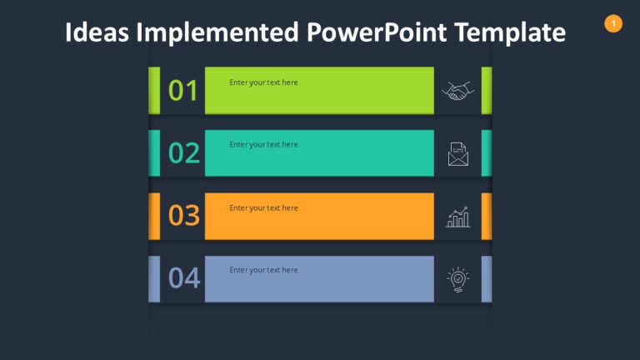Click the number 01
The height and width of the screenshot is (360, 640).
click(183, 90)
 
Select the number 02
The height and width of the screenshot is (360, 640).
click(183, 152)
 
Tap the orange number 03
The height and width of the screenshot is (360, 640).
click(183, 215)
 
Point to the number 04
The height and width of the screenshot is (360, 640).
click(183, 277)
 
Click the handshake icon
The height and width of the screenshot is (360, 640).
click(457, 91)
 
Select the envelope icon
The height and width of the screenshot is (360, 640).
click(457, 154)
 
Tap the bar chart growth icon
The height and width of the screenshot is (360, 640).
click(457, 217)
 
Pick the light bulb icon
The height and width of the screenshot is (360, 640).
click(457, 279)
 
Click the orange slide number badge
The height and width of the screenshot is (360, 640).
click(613, 23)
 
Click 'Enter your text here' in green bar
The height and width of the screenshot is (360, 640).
click(263, 82)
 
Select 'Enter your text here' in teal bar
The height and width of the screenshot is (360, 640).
click(263, 145)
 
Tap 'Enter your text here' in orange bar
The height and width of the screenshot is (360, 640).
click(263, 207)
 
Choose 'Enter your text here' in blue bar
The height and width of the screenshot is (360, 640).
click(263, 270)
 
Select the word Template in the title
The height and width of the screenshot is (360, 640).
click(512, 32)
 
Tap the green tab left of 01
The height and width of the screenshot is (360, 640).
click(154, 90)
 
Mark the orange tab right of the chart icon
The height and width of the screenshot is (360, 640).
click(487, 216)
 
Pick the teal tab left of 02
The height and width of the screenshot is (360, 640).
click(154, 152)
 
